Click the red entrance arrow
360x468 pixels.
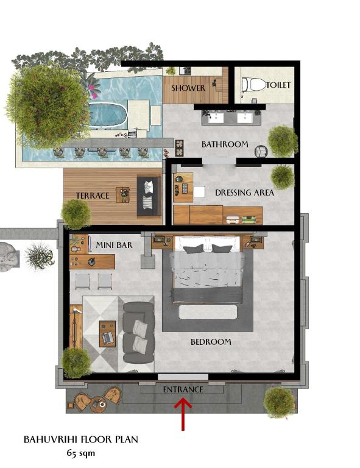[x=183, y=414]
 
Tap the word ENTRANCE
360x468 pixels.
[x=183, y=389]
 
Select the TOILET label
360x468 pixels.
[x=278, y=85]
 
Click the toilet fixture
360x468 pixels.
[x=253, y=85]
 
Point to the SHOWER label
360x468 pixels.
[x=188, y=88]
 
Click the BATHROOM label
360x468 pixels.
[x=225, y=144]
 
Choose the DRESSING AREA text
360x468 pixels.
[x=244, y=193]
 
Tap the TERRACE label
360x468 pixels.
[x=93, y=196]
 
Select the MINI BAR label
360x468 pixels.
[x=114, y=246]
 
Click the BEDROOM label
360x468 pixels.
[x=211, y=342]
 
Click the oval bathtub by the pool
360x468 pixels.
[x=107, y=115]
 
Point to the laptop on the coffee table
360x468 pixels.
[x=107, y=337]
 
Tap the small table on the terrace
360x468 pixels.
[x=122, y=194]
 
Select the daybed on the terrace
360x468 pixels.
[x=149, y=196]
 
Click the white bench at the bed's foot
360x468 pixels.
[x=208, y=311]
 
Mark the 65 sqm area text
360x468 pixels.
[x=81, y=453]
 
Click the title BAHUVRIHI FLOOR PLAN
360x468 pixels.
[x=80, y=439]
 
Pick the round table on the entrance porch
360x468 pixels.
[x=98, y=404]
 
